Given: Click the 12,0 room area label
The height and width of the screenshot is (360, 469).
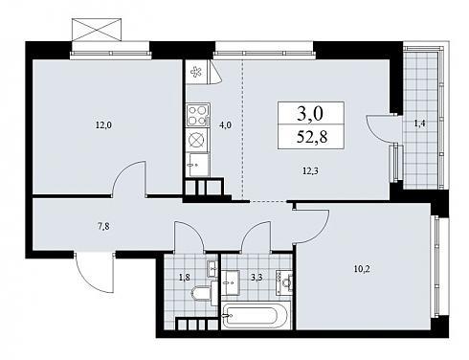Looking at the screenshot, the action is click(x=103, y=125).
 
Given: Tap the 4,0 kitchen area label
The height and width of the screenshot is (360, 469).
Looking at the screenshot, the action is click(x=225, y=125).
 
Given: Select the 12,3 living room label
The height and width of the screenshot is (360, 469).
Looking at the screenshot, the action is click(x=310, y=171).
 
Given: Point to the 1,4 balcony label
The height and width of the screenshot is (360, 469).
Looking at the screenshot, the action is click(x=419, y=124).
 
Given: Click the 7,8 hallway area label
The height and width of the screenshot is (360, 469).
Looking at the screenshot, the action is click(x=103, y=227).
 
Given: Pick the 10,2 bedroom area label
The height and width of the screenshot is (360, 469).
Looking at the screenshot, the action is click(x=362, y=269).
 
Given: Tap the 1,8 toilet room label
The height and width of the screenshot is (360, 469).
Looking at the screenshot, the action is click(x=185, y=278).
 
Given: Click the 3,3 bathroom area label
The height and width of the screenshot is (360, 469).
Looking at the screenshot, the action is click(x=257, y=278).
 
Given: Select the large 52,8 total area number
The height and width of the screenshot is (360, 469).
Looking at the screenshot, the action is click(x=312, y=137).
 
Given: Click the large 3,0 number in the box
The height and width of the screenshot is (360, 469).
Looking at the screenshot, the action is click(x=310, y=113).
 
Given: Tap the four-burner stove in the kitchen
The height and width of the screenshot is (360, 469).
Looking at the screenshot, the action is click(x=198, y=115).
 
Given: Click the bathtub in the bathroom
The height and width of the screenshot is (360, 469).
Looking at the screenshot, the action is click(x=256, y=315).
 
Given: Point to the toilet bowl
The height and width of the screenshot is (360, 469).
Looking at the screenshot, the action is click(x=202, y=293).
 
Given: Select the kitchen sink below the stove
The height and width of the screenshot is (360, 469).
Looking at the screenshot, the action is click(x=197, y=165).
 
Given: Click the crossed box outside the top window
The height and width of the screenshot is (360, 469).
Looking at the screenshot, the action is click(x=97, y=30).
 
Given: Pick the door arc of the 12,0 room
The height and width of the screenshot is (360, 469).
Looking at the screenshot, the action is click(x=127, y=174).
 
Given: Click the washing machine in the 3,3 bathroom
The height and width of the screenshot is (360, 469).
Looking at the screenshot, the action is click(x=284, y=282).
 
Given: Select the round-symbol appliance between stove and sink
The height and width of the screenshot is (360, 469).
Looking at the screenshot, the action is click(x=198, y=140).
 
